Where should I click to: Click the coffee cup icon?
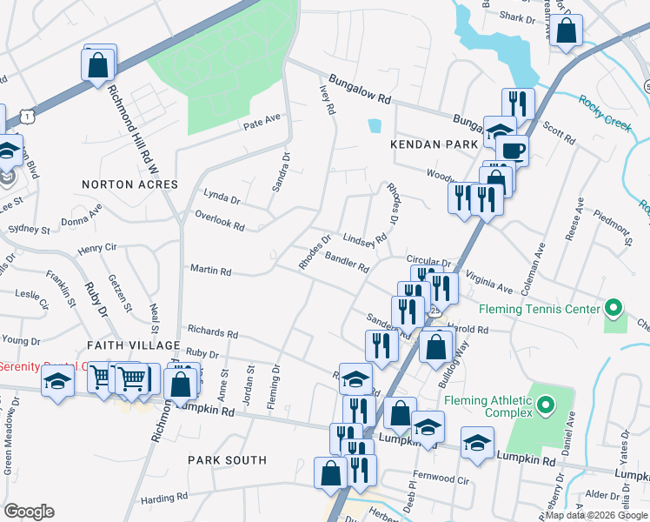point(513,150)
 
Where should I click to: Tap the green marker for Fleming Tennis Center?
point(614,309)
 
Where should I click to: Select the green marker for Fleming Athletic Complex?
point(546,405)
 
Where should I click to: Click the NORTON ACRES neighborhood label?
point(129,184)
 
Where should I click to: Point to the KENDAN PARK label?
point(434,144)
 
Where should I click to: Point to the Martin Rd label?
point(210,272)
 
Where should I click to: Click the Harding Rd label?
point(159,499)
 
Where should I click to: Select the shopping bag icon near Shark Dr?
point(566,32)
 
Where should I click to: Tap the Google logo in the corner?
point(29,511)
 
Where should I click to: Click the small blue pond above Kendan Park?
point(374,125)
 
